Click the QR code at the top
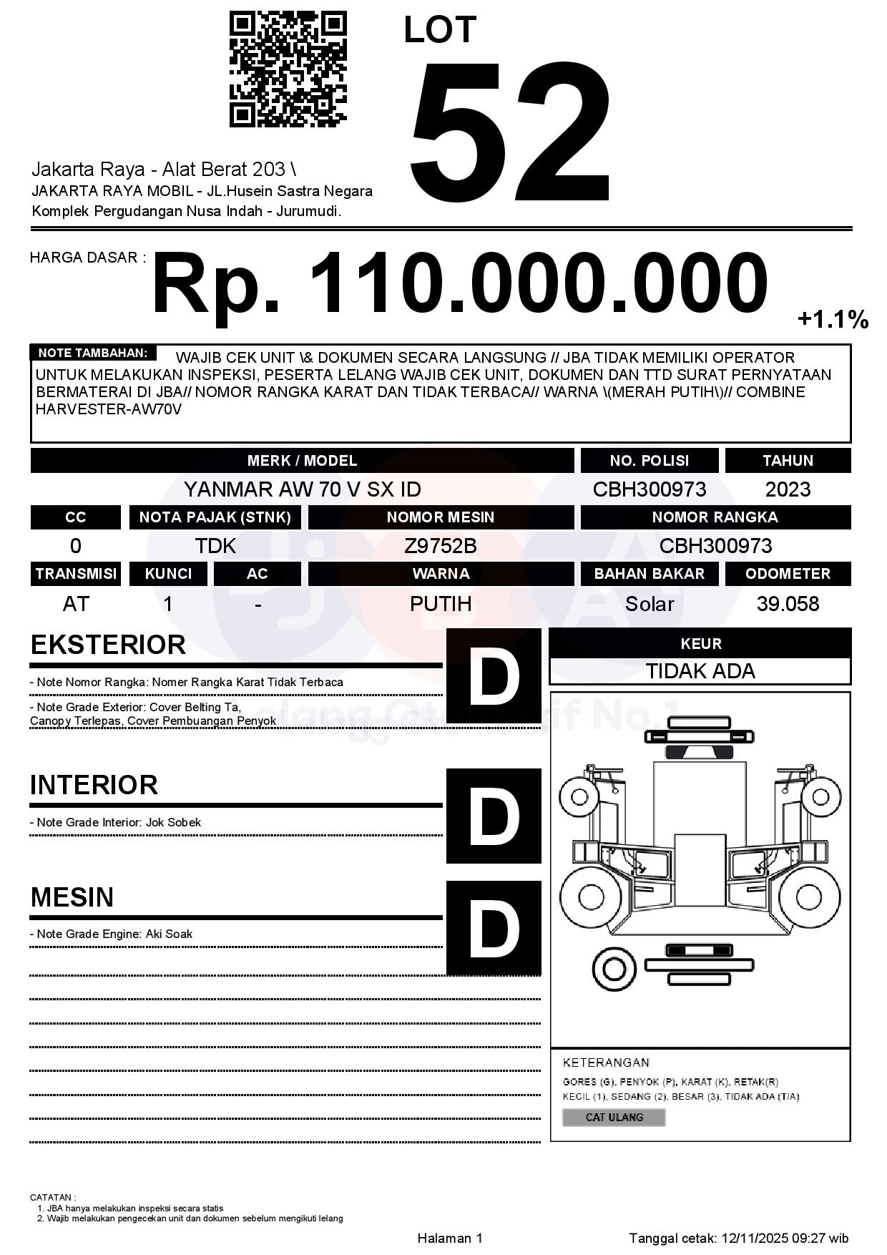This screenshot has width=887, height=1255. coord(288,69)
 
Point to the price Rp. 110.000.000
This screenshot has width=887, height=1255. coord(459,284)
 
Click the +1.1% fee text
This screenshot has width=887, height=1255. coord(833,319)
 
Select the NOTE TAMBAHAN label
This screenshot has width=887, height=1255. coord(93,353)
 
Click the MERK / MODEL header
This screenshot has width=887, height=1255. coord(302,461)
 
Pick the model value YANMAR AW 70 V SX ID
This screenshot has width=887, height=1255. coord(302,489)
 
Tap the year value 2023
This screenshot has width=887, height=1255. coord(788,489)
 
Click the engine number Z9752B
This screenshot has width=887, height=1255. coord(441,546)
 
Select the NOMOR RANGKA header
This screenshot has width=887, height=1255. coord(715,517)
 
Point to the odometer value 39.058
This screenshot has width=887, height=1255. coord(788,604)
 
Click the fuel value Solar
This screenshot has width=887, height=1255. coord(649,604)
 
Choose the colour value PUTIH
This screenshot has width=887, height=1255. coord(441,604)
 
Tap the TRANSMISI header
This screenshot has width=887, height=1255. coord(76,574)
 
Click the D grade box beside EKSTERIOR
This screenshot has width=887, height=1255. coord(494,675)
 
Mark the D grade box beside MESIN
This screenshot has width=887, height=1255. coord(494,928)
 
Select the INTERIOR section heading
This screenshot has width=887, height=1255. coord(94,785)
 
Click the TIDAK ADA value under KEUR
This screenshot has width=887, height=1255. coord(700,671)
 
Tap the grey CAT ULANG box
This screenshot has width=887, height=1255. coord(614,1117)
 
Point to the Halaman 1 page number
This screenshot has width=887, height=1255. coord(450,1238)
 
